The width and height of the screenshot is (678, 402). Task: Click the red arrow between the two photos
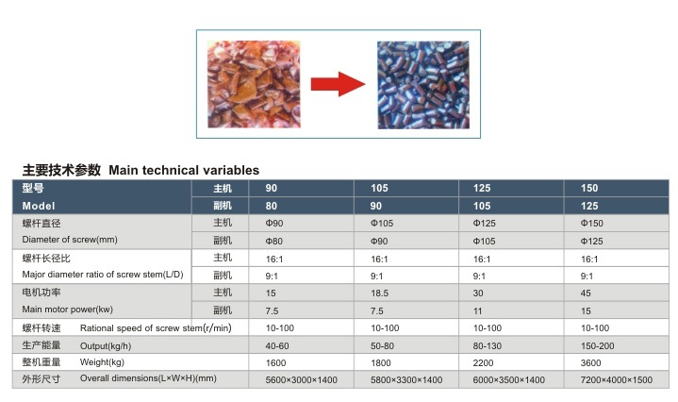click(339, 84)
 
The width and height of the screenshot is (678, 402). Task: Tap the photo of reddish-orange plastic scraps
click(254, 84)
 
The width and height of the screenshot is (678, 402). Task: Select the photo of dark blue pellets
click(422, 85)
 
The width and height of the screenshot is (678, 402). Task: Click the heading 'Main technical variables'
click(184, 170)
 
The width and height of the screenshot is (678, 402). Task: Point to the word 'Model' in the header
click(39, 206)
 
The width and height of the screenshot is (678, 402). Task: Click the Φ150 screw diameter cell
click(591, 224)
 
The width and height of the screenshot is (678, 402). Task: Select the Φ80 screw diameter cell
click(274, 241)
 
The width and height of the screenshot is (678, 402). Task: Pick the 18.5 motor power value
click(379, 293)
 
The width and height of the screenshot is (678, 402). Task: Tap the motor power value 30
click(478, 293)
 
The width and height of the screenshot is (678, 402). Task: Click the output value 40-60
click(277, 345)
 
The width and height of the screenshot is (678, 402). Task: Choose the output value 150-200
click(597, 345)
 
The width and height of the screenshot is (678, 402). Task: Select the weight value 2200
click(483, 363)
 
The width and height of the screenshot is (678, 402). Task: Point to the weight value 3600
click(590, 363)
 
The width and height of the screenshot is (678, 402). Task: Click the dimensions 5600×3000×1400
click(302, 380)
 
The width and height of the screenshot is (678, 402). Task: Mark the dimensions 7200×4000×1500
click(616, 380)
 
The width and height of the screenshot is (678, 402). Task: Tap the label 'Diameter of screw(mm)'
click(70, 240)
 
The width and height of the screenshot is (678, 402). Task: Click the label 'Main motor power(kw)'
click(68, 310)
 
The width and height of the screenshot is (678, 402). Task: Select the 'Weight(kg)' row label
click(102, 362)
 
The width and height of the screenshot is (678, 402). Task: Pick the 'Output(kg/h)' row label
click(106, 345)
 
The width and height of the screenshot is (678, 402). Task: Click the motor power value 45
click(586, 293)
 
